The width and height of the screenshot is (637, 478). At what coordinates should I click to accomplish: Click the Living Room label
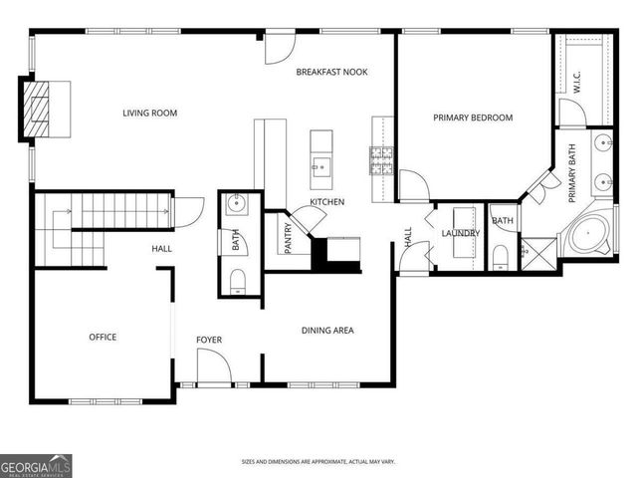click(x=149, y=114)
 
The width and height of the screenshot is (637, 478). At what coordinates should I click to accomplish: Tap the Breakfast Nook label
click(x=331, y=72)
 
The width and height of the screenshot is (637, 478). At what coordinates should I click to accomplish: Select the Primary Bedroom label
click(x=473, y=118)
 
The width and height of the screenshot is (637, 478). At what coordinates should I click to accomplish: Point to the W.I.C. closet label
click(x=576, y=82)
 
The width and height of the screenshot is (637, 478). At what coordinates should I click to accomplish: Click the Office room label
click(x=103, y=337)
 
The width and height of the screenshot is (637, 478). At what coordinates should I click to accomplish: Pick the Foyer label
click(x=209, y=341)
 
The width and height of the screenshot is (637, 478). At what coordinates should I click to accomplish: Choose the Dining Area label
click(x=327, y=331)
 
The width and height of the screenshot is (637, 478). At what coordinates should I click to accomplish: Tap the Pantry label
click(x=289, y=237)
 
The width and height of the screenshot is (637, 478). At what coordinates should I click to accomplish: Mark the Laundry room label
click(x=461, y=233)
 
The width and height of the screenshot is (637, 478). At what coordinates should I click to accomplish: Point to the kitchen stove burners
click(x=381, y=160)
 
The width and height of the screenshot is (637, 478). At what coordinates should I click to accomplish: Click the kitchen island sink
click(x=321, y=165)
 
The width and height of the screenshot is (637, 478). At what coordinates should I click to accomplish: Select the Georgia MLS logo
click(x=36, y=465)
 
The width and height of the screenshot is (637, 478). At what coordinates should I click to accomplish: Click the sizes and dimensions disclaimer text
click(x=318, y=461)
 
